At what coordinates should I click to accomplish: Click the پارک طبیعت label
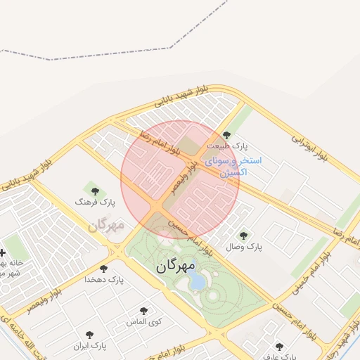[x=228, y=146]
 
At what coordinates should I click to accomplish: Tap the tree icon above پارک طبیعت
[x=226, y=135]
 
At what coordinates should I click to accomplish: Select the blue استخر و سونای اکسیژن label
[x=233, y=166]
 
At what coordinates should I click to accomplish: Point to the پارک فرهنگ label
[x=94, y=202]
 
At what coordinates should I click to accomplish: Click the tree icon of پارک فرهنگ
[x=95, y=191]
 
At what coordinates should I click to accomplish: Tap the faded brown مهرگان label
[x=106, y=225]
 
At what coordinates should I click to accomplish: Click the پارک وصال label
[x=243, y=247]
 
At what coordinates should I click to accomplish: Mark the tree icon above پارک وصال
[x=243, y=236]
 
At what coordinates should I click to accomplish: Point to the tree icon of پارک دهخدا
[x=103, y=269]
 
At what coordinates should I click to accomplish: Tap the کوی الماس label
[x=144, y=322]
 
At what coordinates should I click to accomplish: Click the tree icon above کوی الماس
[x=143, y=311]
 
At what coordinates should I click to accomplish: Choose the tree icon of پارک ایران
[x=89, y=335]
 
